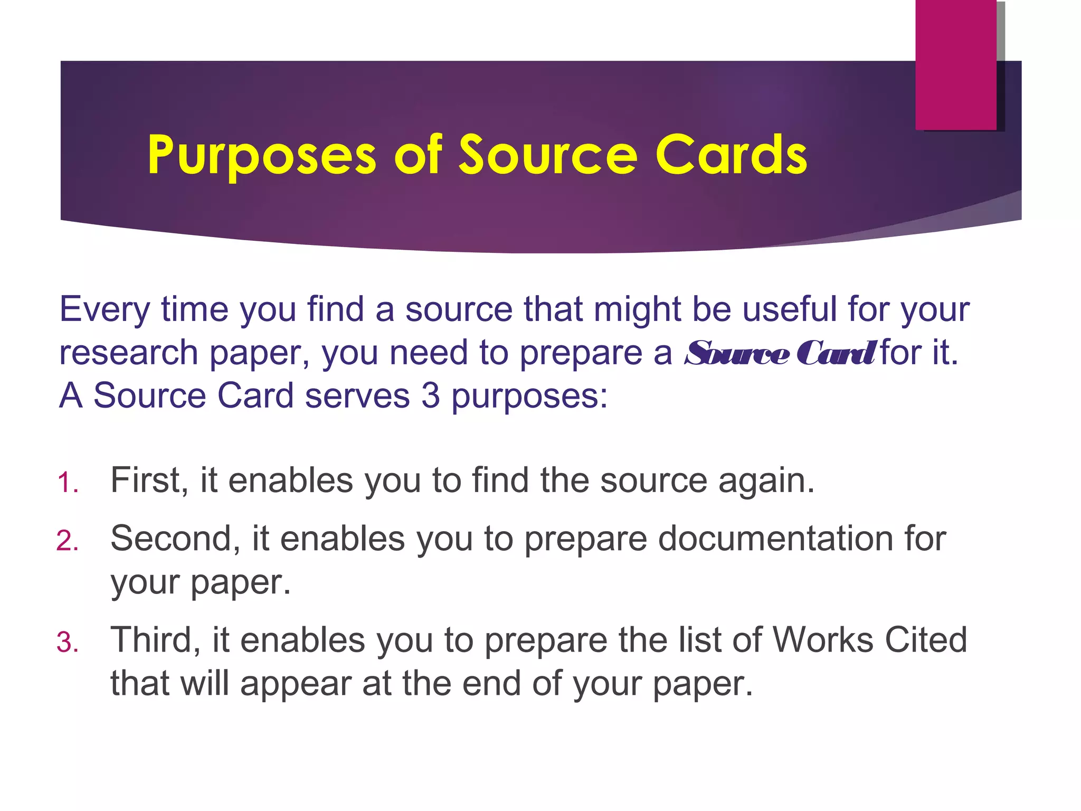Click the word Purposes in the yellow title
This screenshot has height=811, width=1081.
tap(262, 155)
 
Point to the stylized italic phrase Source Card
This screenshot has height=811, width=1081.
tap(780, 353)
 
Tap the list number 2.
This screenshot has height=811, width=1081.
tap(67, 541)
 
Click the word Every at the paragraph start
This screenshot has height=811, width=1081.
tap(105, 309)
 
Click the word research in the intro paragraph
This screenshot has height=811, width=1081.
tap(128, 353)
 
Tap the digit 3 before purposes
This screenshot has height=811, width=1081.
tap(430, 395)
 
